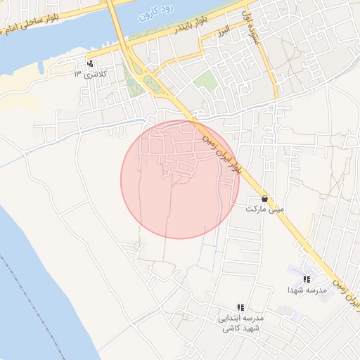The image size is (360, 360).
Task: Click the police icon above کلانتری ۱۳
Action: [89, 64]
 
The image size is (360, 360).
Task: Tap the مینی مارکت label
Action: [264, 209]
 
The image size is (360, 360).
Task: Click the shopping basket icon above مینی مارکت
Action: [264, 198]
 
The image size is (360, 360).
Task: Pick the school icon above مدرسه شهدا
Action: [307, 279]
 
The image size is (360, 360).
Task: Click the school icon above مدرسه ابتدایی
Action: [240, 307]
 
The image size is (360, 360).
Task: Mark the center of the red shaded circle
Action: [180, 179]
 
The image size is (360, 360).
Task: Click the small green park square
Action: [205, 80]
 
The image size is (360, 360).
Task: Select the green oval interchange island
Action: [153, 86]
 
